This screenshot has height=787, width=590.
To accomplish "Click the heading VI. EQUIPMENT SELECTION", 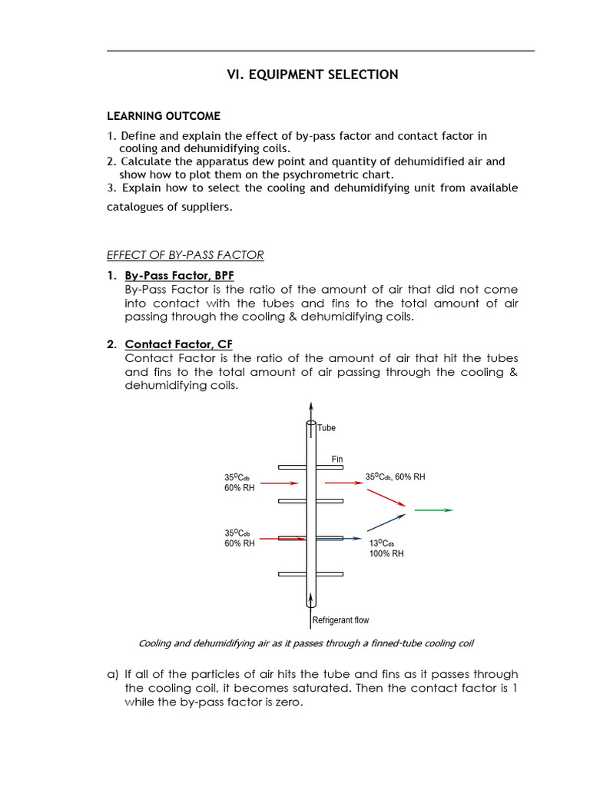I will [311, 75].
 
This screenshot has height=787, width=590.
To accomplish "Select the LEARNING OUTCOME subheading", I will [163, 116].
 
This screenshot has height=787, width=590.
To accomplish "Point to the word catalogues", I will [134, 207].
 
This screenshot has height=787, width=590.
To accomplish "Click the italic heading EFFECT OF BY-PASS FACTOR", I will [184, 255].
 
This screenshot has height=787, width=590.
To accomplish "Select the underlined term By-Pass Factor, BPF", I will [172, 275].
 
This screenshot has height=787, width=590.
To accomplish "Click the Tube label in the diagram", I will [326, 428].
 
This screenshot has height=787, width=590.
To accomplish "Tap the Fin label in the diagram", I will [336, 459].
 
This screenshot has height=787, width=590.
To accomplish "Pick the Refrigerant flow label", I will [340, 620].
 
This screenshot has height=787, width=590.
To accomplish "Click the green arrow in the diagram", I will [434, 510].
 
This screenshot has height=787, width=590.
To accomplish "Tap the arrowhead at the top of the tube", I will [310, 407].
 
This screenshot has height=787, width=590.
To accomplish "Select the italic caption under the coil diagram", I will [311, 643].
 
